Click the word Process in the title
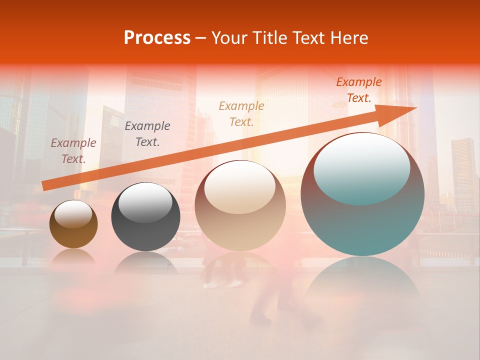pyautogui.click(x=157, y=38)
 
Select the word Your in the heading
pyautogui.click(x=230, y=38)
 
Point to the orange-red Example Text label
pyautogui.click(x=358, y=90)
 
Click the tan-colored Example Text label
pyautogui.click(x=241, y=113)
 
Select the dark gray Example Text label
pyautogui.click(x=147, y=133)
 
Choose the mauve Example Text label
pyautogui.click(x=73, y=150)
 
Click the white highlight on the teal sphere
pyautogui.click(x=361, y=167)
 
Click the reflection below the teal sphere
pyautogui.click(x=362, y=285)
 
